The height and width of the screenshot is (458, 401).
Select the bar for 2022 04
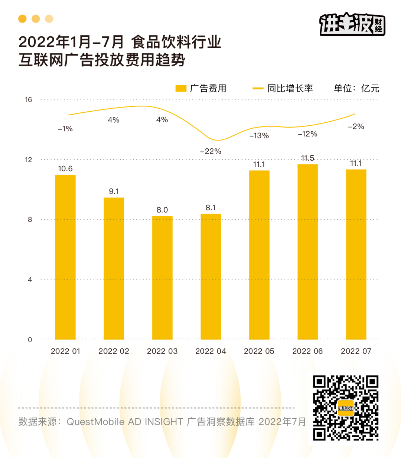click(211, 276)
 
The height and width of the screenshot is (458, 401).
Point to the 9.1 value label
click(114, 191)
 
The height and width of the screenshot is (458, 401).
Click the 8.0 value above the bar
click(162, 210)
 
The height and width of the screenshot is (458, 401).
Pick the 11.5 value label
click(307, 158)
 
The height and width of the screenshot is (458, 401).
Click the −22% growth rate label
click(211, 151)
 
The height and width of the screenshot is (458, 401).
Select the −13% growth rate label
click(259, 136)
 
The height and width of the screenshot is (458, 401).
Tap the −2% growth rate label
click(356, 126)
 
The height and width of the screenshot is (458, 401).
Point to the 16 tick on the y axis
click(29, 100)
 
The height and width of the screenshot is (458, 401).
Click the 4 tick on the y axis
click(30, 280)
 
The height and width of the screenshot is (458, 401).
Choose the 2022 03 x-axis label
click(162, 351)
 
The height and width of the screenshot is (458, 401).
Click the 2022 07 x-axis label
click(356, 351)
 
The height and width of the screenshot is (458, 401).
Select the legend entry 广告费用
click(201, 88)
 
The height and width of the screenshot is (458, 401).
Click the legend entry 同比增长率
click(283, 88)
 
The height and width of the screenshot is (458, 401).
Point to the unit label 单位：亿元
click(356, 88)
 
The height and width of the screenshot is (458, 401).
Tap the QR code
click(345, 408)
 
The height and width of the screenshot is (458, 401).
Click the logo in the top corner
click(352, 24)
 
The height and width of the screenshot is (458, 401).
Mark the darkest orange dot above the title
click(22, 19)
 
